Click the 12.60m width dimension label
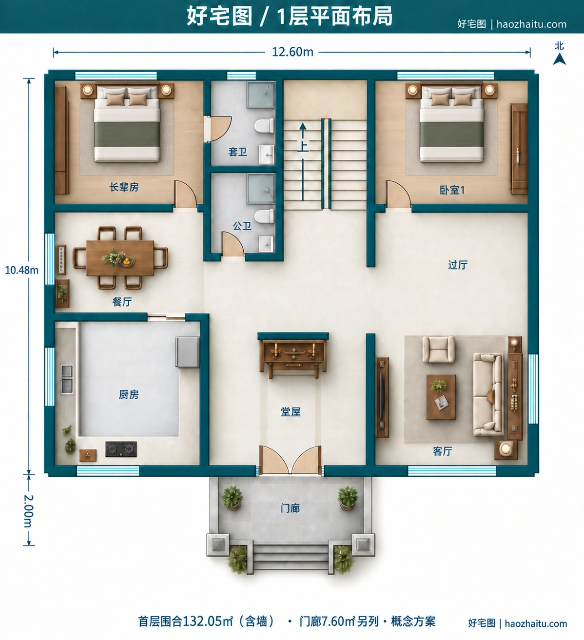tap(292, 52)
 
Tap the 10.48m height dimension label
tap(22, 270)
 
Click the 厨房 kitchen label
tap(129, 395)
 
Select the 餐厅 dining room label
tap(122, 302)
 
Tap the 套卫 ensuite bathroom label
tap(238, 152)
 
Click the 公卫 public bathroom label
tap(242, 226)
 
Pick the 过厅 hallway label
tap(458, 265)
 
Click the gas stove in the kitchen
tap(121, 449)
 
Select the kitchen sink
tap(67, 379)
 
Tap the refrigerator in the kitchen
tap(187, 352)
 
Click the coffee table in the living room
tap(441, 397)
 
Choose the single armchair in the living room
tap(438, 349)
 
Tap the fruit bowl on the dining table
tap(127, 262)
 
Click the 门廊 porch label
tap(290, 508)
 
